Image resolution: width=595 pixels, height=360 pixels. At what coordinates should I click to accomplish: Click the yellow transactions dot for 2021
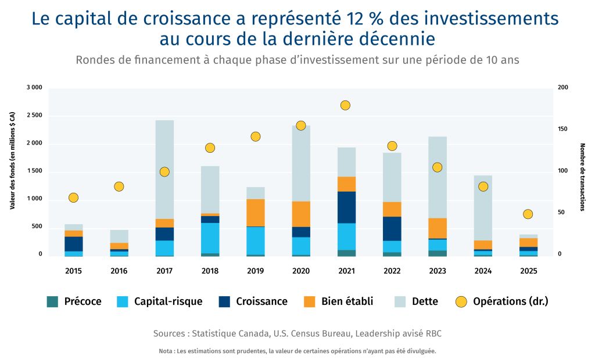[x=346, y=105]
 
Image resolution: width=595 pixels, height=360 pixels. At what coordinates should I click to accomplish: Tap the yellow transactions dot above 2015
[x=73, y=197]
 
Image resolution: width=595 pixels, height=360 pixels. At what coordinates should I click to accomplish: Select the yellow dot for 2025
[x=528, y=214]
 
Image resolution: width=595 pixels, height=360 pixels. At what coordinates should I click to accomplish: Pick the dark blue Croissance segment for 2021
[x=346, y=207]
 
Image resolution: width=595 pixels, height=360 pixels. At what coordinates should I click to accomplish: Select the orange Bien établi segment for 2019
[x=255, y=213]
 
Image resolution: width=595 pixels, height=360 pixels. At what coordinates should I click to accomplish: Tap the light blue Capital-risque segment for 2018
[x=210, y=238]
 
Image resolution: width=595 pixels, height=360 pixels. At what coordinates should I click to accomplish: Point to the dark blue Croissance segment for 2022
[x=392, y=229]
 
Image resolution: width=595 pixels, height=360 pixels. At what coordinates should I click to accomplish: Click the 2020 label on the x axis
[x=301, y=271]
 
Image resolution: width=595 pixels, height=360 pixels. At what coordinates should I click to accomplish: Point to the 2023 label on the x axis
[x=438, y=271]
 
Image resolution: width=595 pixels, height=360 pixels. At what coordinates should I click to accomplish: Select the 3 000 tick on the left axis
[x=34, y=88]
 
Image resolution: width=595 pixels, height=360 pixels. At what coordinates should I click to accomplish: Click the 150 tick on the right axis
[x=562, y=129]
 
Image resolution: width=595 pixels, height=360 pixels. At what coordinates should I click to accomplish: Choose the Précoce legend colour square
[x=53, y=302]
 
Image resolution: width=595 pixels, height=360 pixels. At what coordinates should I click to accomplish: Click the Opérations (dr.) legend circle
[x=461, y=302]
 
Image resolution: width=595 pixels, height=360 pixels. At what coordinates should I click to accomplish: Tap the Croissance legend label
[x=261, y=302]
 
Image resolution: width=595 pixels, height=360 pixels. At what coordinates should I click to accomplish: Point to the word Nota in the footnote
[x=164, y=351]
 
